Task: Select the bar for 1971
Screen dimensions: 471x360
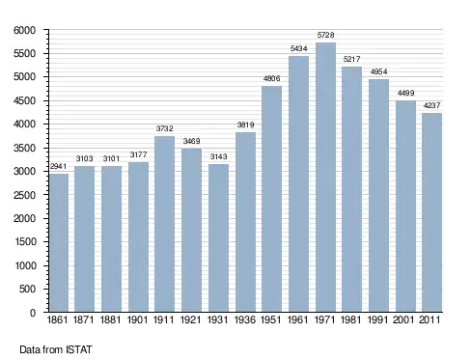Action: click(x=325, y=177)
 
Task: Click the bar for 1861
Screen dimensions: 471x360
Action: click(x=59, y=242)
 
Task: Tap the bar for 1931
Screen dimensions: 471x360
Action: click(x=218, y=237)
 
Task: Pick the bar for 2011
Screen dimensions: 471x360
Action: click(x=432, y=212)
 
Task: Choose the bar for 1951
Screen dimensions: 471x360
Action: click(x=272, y=199)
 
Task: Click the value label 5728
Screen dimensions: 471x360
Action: click(x=325, y=35)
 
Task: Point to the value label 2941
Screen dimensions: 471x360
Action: click(x=58, y=166)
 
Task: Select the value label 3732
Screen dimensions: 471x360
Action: click(x=165, y=128)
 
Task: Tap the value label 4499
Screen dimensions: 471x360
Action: click(x=405, y=93)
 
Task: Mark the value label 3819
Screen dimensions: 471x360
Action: click(x=245, y=125)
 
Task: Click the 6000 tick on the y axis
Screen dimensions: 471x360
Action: click(x=24, y=30)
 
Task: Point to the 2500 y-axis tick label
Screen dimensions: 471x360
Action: click(x=24, y=195)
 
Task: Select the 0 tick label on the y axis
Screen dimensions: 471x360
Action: click(x=33, y=313)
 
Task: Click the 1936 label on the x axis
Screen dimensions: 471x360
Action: click(x=245, y=319)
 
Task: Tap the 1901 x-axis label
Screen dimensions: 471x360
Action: click(x=138, y=319)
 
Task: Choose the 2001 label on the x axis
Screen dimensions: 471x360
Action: click(x=403, y=319)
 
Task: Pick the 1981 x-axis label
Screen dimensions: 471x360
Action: click(x=351, y=319)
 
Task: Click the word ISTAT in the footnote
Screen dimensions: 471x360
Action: click(x=79, y=349)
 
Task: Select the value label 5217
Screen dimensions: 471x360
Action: click(x=351, y=59)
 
